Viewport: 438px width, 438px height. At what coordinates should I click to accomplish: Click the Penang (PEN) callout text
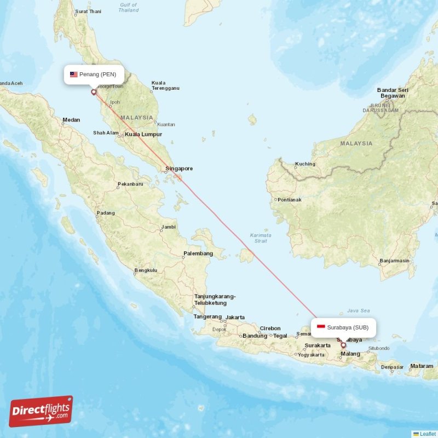click(97, 74)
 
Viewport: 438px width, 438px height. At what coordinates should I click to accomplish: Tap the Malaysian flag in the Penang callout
click(73, 74)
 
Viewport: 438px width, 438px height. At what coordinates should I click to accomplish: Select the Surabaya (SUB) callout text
click(351, 327)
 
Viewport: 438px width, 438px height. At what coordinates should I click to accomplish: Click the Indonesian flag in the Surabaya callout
click(321, 327)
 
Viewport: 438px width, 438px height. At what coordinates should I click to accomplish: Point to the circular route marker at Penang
click(94, 92)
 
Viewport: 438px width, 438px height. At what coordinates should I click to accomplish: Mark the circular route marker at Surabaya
click(343, 345)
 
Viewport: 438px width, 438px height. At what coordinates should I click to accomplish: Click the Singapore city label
click(178, 169)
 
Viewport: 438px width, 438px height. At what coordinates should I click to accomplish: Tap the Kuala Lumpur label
click(143, 134)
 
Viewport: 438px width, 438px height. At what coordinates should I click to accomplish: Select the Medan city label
click(71, 120)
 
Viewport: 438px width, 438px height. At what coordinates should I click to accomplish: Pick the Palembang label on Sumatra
click(198, 253)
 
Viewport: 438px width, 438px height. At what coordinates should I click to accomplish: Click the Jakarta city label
click(235, 317)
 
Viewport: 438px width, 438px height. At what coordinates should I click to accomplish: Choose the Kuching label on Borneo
click(305, 164)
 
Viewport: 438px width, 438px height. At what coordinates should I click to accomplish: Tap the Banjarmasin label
click(394, 261)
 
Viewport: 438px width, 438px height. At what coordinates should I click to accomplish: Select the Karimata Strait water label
click(260, 238)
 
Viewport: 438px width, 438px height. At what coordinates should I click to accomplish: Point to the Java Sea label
click(359, 310)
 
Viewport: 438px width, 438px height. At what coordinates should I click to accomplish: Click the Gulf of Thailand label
click(129, 7)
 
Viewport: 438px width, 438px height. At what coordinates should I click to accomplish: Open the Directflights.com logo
click(41, 411)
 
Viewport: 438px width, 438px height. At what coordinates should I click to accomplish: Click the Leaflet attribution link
click(428, 434)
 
